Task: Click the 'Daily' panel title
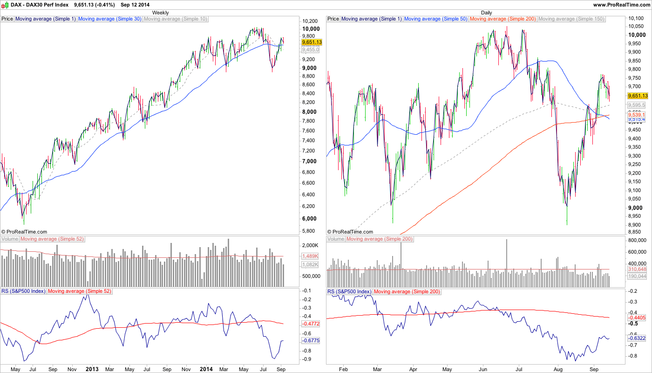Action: (486, 13)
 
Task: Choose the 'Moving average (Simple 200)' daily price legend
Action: (503, 19)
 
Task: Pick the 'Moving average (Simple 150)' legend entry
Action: (571, 19)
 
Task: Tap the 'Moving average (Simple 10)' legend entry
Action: (175, 19)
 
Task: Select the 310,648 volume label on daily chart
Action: (637, 269)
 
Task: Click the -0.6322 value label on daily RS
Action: (636, 338)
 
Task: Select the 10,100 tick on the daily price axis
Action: (635, 18)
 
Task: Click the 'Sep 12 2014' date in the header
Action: (136, 4)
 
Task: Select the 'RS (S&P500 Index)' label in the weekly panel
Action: (23, 291)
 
